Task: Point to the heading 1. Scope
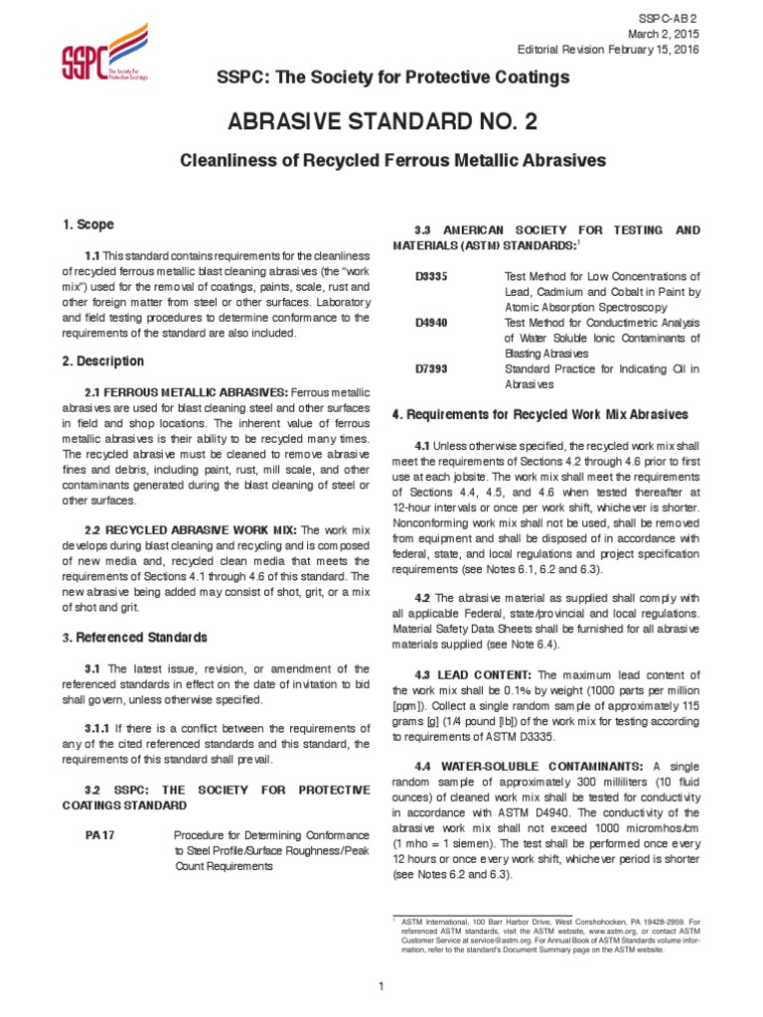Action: click(x=89, y=225)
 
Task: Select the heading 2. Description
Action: click(x=103, y=362)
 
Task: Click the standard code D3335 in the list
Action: click(x=431, y=276)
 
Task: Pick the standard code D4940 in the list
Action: click(x=431, y=323)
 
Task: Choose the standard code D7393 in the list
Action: click(x=431, y=368)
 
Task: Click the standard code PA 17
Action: click(x=100, y=835)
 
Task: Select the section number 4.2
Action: click(x=421, y=598)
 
